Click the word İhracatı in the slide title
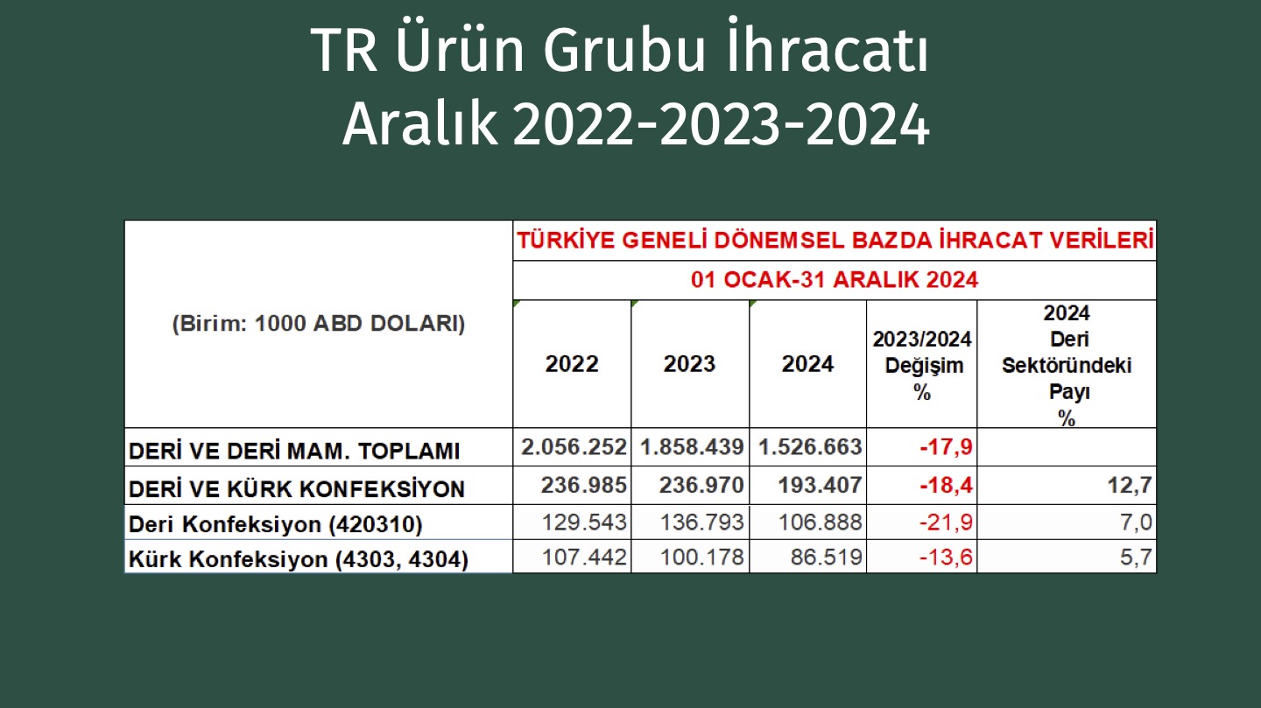point(828,47)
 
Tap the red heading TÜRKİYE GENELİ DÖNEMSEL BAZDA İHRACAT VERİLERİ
point(835,241)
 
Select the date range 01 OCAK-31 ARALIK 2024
point(835,280)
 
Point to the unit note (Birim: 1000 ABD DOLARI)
point(319,324)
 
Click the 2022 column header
point(572,363)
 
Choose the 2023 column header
point(690,363)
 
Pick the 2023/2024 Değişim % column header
point(921,365)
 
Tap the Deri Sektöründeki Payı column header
point(1067,365)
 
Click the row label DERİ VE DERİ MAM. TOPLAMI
point(294,451)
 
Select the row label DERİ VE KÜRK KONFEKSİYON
point(297,488)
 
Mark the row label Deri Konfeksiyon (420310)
point(275,524)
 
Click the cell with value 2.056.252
point(574,447)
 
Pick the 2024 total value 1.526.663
point(810,447)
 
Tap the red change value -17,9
point(946,447)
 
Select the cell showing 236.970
point(701,485)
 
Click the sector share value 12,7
point(1130,485)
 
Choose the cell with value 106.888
point(820,522)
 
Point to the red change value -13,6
point(946,557)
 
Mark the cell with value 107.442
point(584,557)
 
